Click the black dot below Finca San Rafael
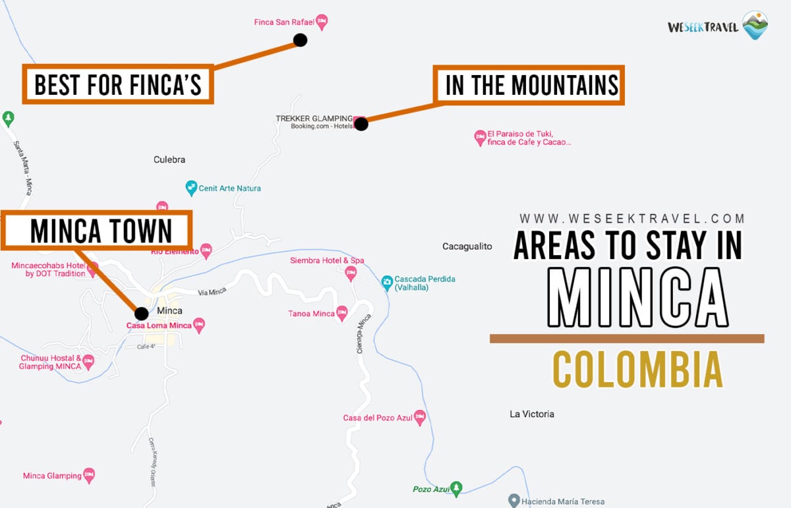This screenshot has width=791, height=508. click(x=300, y=40)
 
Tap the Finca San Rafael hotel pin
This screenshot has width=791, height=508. click(x=322, y=22)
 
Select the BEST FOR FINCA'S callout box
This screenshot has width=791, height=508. click(x=118, y=84)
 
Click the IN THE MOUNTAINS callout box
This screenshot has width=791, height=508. click(x=529, y=85)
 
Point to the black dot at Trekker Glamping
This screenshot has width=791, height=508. click(x=361, y=123)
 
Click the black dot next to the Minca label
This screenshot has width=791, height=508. click(x=141, y=314)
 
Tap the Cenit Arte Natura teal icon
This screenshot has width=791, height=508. click(x=191, y=188)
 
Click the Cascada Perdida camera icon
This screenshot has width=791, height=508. click(x=388, y=283)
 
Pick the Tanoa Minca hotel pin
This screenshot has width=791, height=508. click(x=341, y=313)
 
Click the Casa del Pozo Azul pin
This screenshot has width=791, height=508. click(x=420, y=417)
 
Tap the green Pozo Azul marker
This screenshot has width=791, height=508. click(x=455, y=488)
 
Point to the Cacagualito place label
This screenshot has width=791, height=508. click(x=467, y=246)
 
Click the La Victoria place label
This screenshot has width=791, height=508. click(x=532, y=414)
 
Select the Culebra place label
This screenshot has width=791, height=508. click(x=169, y=159)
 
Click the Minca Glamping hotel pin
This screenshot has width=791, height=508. click(x=89, y=475)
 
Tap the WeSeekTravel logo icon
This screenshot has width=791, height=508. click(x=755, y=25)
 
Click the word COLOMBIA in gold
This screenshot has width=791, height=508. click(x=637, y=370)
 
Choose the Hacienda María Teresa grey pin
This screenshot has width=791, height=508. click(x=514, y=501)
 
